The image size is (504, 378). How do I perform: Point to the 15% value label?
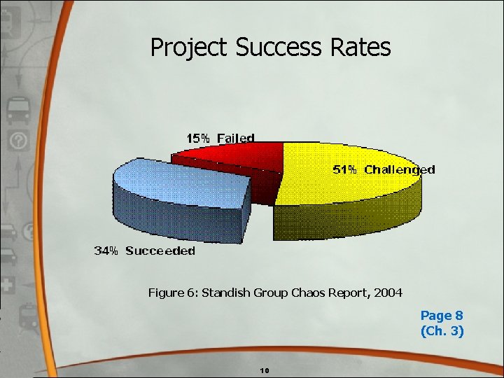[x=197, y=138]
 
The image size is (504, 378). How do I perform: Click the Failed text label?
[x=235, y=138]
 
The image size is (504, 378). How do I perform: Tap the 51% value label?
[x=344, y=169]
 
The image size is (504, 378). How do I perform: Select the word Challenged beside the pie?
[x=400, y=169]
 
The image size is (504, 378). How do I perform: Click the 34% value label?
[x=106, y=251]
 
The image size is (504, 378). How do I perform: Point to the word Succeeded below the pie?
[x=160, y=251]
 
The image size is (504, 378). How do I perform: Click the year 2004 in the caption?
[x=388, y=293]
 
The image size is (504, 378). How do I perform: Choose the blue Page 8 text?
[x=441, y=316]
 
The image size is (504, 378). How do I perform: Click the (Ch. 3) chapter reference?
[x=441, y=331]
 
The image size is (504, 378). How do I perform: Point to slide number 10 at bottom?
[x=264, y=370]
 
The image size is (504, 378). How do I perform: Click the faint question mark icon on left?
[x=17, y=141]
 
